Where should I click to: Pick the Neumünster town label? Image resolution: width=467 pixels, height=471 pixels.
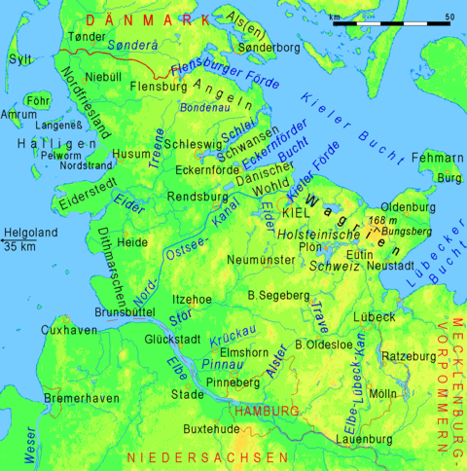[258, 260]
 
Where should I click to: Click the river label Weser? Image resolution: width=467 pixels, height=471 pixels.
[33, 444]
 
